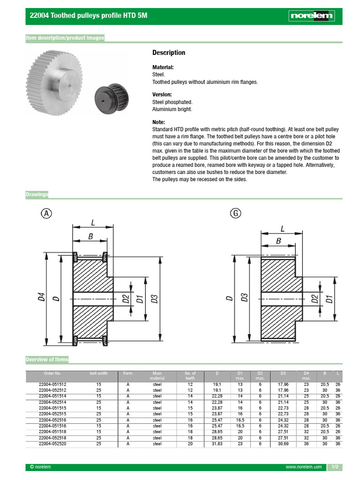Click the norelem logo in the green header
[311, 16]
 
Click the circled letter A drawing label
[46, 214]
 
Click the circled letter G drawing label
[235, 214]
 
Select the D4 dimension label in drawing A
[42, 297]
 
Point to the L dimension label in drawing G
[282, 229]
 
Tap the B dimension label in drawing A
[90, 237]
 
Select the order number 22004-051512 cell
[52, 384]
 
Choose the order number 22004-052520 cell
[52, 443]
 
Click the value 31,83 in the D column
[217, 443]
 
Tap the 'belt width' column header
[98, 374]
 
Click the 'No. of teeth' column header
[190, 375]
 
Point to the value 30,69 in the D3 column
[283, 443]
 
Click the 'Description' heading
[169, 53]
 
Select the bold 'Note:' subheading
[158, 122]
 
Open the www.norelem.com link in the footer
[304, 467]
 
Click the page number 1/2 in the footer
[335, 467]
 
